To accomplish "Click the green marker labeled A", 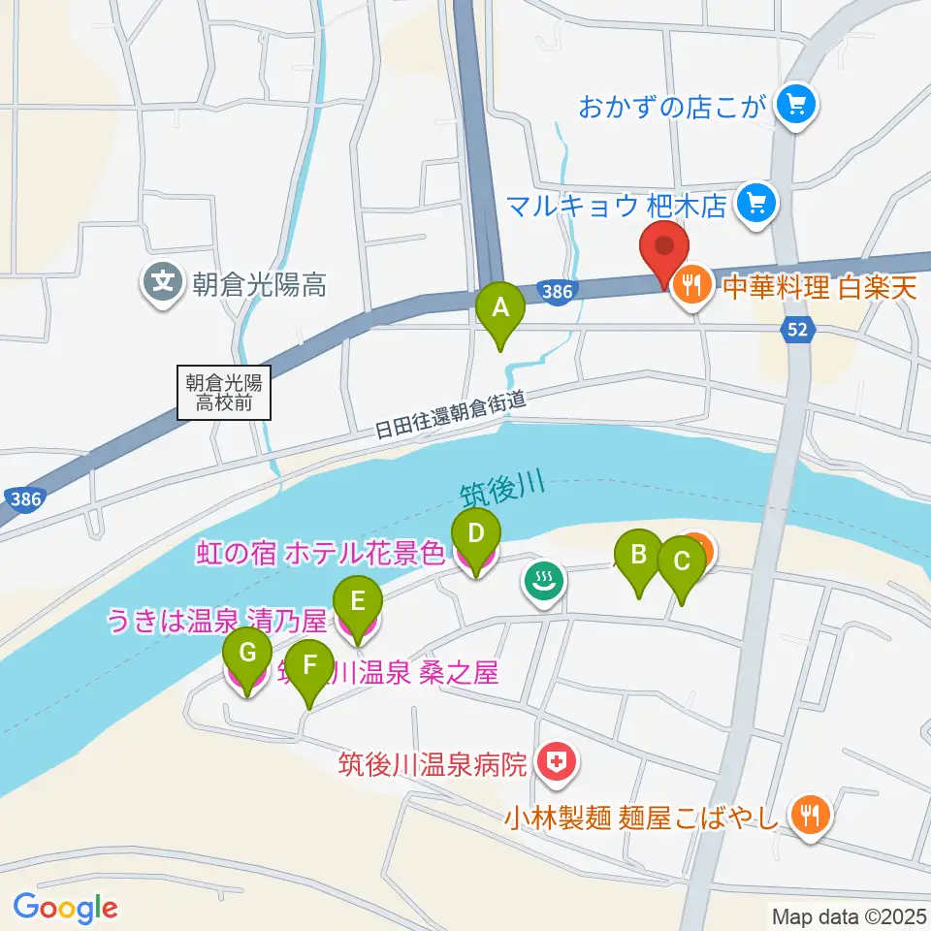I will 500,309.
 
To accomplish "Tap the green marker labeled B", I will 639,556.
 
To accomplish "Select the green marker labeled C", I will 681,562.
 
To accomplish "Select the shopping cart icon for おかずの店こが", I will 797,102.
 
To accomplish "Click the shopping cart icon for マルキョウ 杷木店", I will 753,203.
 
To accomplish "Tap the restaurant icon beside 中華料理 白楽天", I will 690,284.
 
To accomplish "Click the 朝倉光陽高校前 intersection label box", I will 225,392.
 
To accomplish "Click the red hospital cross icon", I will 556,763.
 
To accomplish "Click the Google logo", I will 65,907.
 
